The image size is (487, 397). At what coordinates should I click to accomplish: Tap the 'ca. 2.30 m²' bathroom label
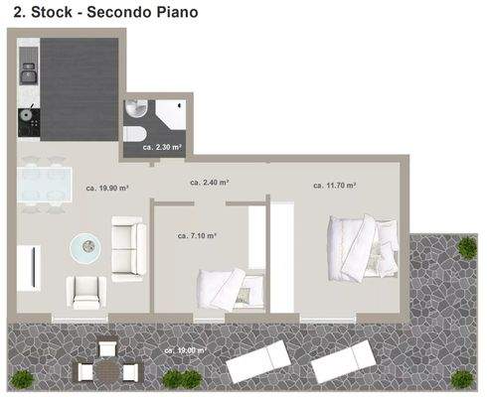[162, 146]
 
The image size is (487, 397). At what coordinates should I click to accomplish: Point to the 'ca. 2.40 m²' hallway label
[210, 183]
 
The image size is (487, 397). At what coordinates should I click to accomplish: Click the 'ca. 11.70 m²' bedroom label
[334, 185]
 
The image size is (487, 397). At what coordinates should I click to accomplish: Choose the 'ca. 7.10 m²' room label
[197, 236]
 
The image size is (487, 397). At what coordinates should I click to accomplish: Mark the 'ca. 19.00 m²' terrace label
[186, 350]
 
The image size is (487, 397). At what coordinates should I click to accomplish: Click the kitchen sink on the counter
[29, 73]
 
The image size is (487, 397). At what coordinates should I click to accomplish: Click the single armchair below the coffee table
[86, 292]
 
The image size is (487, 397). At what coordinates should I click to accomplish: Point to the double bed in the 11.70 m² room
[362, 249]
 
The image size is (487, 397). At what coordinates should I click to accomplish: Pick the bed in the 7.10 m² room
[230, 288]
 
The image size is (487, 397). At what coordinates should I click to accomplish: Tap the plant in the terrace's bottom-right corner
[461, 378]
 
